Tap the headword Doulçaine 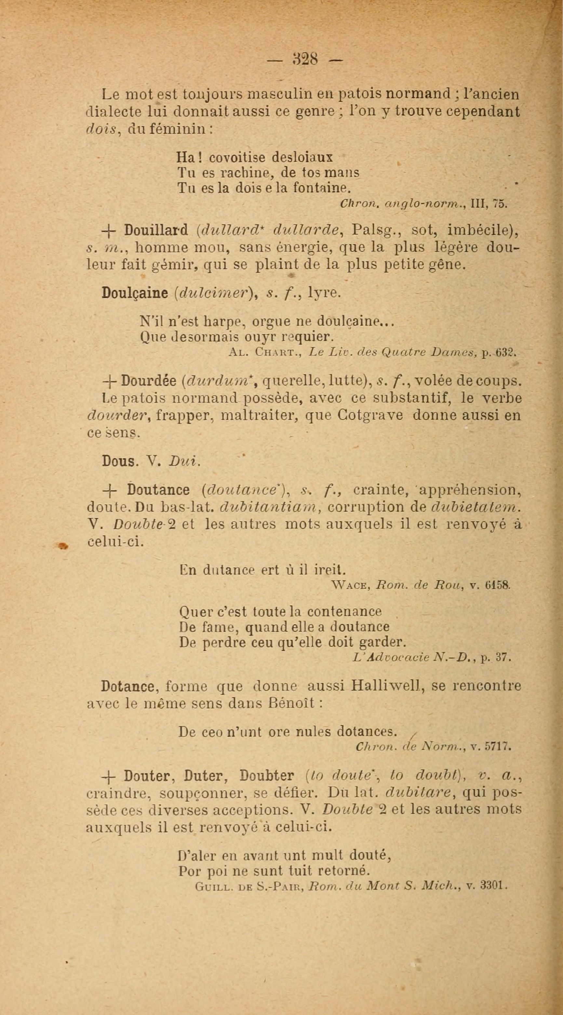point(135,293)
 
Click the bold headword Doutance point(158,490)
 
